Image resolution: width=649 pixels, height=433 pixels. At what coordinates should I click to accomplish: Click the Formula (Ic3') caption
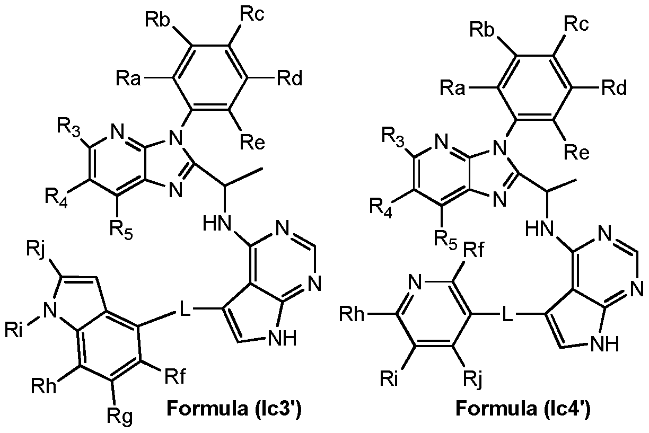click(x=234, y=409)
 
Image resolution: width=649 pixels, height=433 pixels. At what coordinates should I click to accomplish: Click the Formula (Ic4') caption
click(x=523, y=409)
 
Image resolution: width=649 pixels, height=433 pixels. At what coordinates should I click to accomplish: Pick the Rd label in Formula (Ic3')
click(x=290, y=78)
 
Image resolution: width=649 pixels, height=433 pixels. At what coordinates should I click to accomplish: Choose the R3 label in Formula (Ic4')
click(x=392, y=137)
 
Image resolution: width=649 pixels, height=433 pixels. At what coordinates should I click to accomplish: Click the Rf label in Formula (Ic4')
click(x=473, y=250)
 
